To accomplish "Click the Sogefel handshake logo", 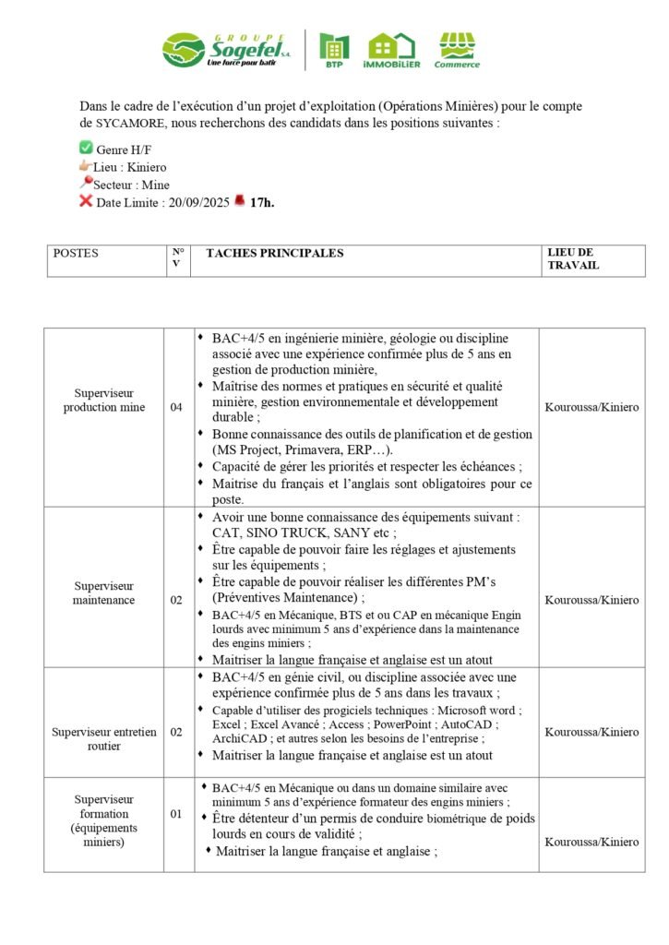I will click(x=184, y=50).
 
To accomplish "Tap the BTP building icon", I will click(x=334, y=48).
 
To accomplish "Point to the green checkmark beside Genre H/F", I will click(x=86, y=148).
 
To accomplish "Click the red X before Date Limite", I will click(x=86, y=200).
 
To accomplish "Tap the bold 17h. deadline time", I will click(x=262, y=201).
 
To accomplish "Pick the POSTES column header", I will click(x=76, y=253).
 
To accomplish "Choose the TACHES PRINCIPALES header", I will click(x=274, y=253).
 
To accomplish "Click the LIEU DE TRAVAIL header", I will click(x=572, y=258).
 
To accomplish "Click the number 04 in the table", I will click(x=176, y=407).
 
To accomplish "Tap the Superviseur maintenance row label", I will click(x=103, y=592).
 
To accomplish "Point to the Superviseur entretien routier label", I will click(x=103, y=738).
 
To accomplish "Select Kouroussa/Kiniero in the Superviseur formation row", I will click(x=591, y=842).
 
